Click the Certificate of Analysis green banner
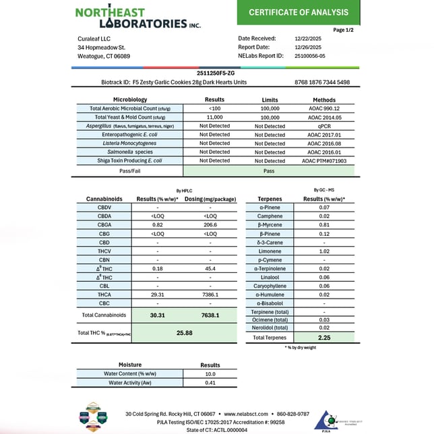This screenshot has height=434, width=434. click(x=299, y=12)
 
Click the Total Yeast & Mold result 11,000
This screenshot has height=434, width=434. click(x=214, y=117)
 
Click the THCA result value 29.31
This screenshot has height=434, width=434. click(x=157, y=294)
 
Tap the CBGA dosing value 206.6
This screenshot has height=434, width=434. click(x=210, y=224)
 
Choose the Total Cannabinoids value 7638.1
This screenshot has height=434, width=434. click(x=210, y=315)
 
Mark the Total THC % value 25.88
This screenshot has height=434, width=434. click(x=185, y=333)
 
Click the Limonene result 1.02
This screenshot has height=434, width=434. click(x=324, y=251)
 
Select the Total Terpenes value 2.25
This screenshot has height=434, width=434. click(x=324, y=338)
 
